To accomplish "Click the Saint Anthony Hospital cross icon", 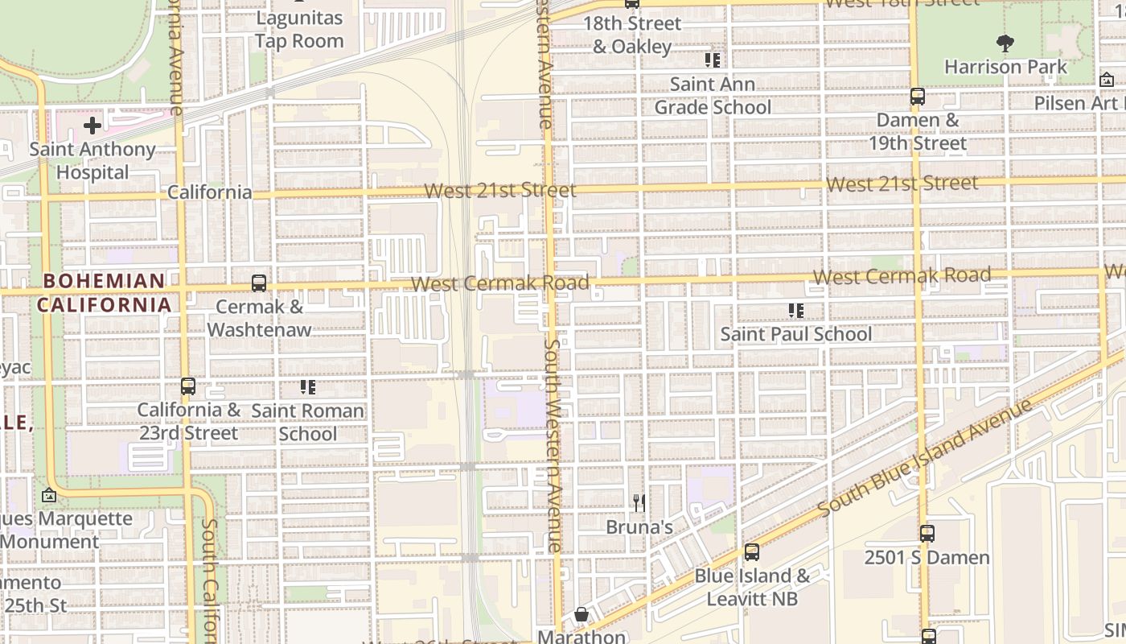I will click(92, 125).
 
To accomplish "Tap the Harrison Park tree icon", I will click(1005, 43).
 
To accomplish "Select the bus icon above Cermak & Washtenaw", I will click(258, 283).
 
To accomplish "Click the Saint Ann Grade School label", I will click(712, 95).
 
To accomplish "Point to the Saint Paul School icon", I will click(796, 310).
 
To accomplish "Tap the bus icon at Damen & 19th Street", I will click(917, 97).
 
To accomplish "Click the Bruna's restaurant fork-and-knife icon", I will click(639, 503).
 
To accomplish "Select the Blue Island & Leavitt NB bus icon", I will click(751, 552).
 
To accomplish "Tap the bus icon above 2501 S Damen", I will click(927, 533).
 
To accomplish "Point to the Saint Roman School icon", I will click(307, 387).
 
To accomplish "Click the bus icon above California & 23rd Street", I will click(187, 386).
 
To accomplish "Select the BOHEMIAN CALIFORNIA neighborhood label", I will click(104, 293).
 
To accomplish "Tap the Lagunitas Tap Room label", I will click(299, 29).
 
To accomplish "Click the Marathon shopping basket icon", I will click(581, 615).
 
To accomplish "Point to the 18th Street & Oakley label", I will click(632, 35).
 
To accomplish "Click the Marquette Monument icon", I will click(48, 495).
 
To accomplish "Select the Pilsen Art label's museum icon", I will click(1106, 80).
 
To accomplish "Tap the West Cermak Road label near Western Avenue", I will click(499, 283).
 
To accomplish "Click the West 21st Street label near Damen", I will click(902, 184).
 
